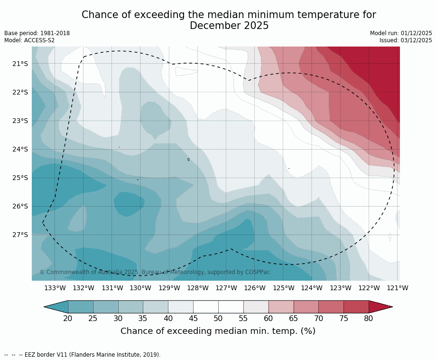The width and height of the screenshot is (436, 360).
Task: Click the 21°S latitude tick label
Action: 20,64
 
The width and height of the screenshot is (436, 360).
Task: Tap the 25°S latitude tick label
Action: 20,178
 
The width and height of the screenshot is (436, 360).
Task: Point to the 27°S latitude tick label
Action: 20,235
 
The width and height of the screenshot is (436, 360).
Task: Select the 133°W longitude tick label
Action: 55,288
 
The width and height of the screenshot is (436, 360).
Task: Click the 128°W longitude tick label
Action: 198,288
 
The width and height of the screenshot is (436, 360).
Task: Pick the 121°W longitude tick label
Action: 398,288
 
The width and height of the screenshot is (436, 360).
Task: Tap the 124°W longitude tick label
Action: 312,288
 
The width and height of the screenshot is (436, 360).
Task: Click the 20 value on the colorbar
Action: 68,318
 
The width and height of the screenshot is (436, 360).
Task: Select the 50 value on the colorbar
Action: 218,318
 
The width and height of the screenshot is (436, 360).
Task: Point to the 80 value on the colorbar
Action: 369,318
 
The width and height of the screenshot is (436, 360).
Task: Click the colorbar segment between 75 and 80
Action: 356,307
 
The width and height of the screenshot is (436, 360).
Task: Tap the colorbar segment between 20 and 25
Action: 81,307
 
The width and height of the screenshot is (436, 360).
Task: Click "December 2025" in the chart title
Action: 229,26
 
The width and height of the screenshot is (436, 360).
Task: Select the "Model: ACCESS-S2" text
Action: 29,40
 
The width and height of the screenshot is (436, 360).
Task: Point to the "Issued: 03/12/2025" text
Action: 406,40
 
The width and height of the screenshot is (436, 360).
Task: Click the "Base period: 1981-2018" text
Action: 37,33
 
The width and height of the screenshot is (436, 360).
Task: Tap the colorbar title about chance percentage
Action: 218,331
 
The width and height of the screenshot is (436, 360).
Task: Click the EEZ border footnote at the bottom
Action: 83,355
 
